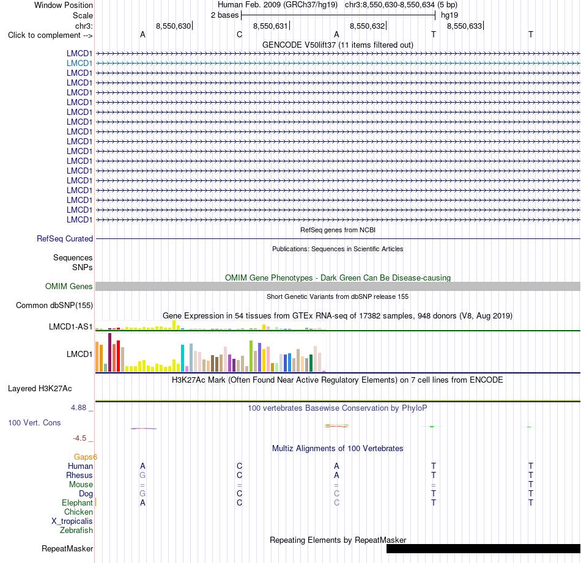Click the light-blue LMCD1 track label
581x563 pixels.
(x=80, y=64)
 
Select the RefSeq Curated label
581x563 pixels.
(x=65, y=239)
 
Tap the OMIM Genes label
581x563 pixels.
(x=69, y=286)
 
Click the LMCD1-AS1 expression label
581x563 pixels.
(x=70, y=326)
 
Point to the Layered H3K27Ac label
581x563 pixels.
(x=40, y=389)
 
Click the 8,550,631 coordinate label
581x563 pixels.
(x=270, y=26)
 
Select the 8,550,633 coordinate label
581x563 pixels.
(x=464, y=26)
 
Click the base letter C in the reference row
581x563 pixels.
(x=239, y=34)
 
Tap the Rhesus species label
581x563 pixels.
(x=80, y=475)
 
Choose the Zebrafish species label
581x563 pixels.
(x=76, y=531)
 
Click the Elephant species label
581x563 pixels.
(x=77, y=502)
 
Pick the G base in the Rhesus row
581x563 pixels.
(x=142, y=475)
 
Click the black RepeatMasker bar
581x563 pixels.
(x=483, y=548)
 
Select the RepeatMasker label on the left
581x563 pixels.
(x=67, y=548)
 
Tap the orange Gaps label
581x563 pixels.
(x=85, y=457)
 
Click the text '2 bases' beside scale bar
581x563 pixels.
(x=225, y=15)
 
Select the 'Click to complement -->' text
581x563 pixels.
(x=50, y=35)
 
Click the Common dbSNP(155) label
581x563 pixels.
(x=54, y=306)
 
